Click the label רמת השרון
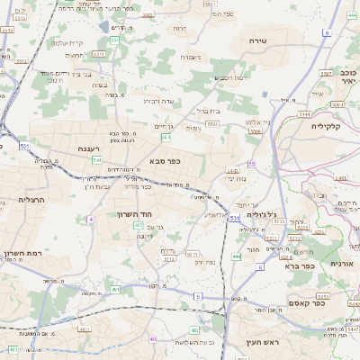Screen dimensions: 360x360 (x=22, y=255)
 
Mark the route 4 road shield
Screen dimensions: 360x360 (x=91, y=219)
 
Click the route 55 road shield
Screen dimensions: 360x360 (x=253, y=164)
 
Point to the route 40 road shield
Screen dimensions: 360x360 (x=154, y=339)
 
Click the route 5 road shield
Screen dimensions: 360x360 (x=197, y=296)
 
